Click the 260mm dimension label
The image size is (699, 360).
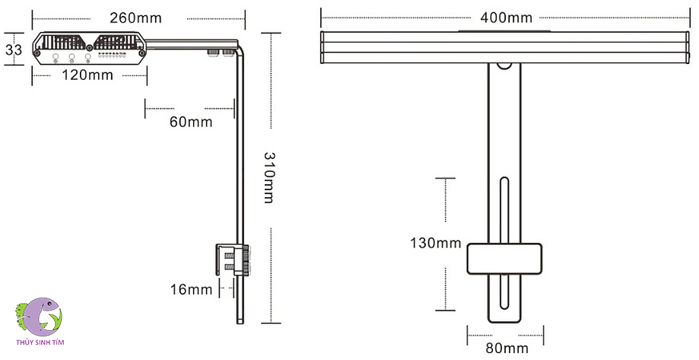point(138,17)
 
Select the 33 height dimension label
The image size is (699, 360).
point(13,50)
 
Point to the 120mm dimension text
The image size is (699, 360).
point(87,75)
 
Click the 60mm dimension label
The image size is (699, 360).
point(190,122)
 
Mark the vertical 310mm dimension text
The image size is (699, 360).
point(269,177)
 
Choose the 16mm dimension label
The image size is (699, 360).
point(190,289)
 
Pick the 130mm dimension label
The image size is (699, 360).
point(435,244)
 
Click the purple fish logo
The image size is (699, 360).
point(39,315)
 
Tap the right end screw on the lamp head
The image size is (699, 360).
point(141,53)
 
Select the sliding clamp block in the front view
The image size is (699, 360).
point(504,259)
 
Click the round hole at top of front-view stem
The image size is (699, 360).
point(504,65)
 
